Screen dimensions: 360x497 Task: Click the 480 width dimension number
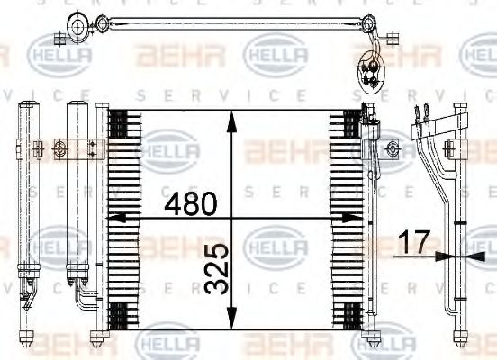[190, 204]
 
